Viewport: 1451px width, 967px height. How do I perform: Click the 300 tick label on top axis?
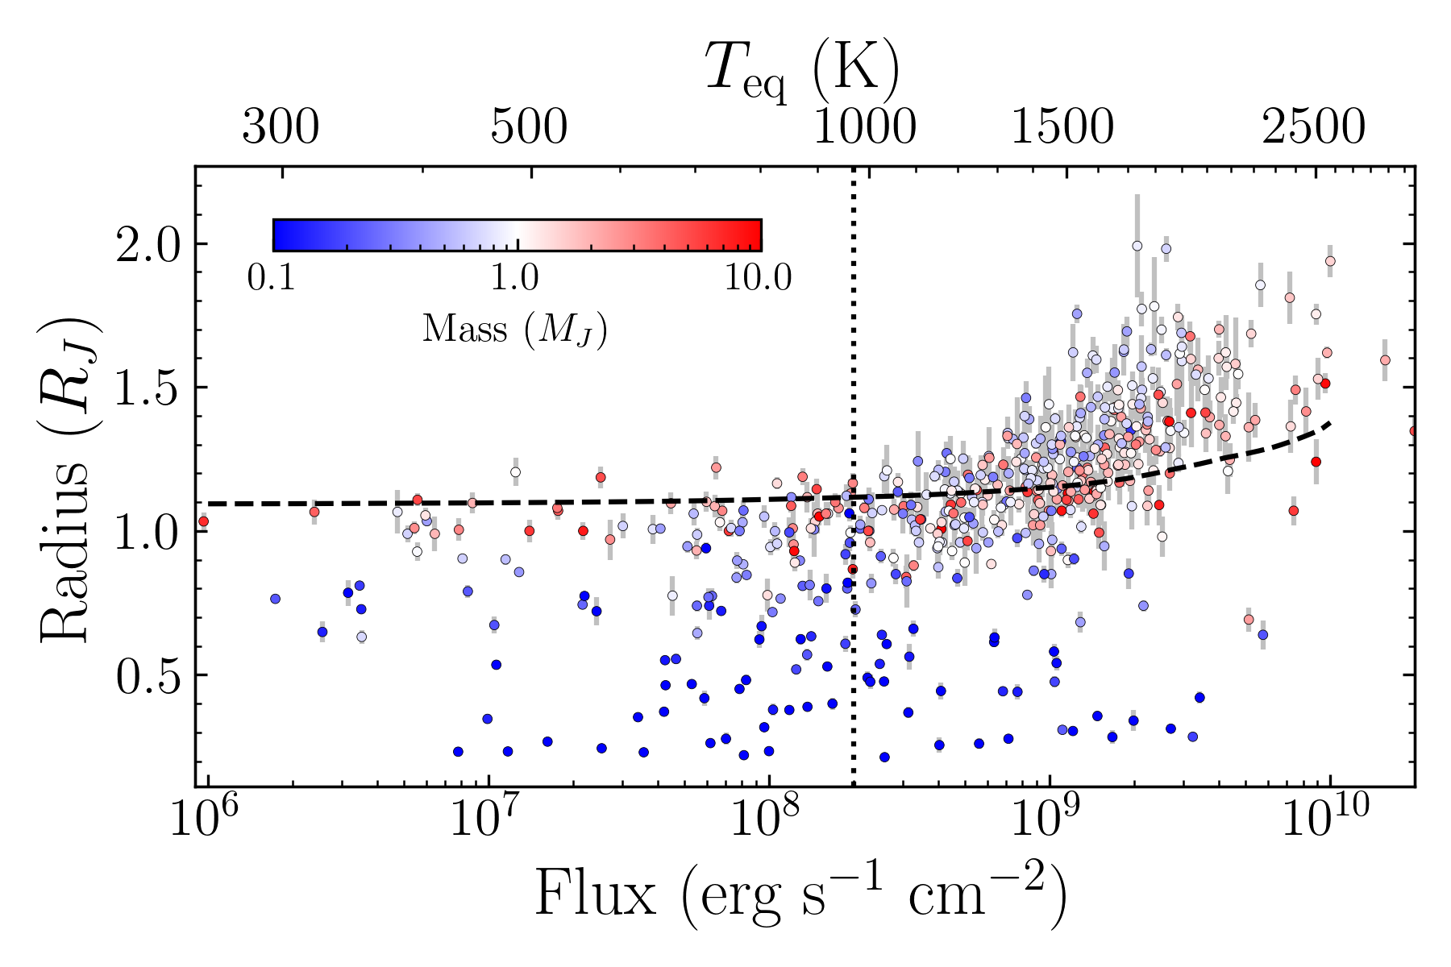tap(281, 127)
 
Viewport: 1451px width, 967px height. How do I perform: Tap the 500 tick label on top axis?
tap(529, 127)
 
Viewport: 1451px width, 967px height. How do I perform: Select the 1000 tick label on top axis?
tap(864, 127)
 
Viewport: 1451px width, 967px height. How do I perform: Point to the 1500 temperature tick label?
tap(1062, 127)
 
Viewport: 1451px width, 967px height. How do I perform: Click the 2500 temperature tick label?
tap(1314, 127)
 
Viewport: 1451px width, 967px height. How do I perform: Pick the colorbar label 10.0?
tap(757, 278)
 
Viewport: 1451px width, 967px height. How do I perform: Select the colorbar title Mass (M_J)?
tap(514, 329)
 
